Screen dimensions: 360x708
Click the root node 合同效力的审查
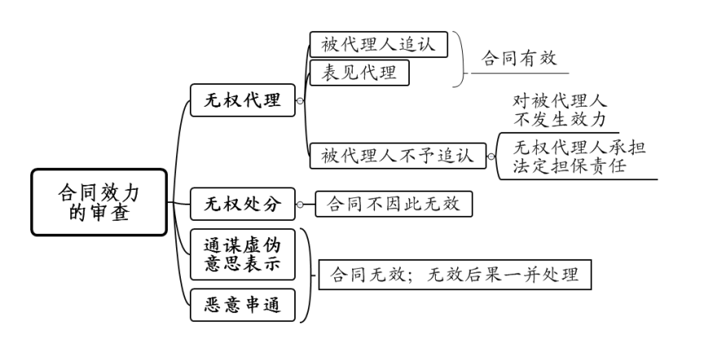tap(99, 202)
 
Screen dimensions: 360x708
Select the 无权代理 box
tap(243, 100)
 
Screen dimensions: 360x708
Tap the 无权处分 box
tap(242, 204)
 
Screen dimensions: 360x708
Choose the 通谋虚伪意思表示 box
tap(243, 254)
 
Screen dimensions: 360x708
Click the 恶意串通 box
tap(243, 305)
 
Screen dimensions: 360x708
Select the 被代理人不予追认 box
tap(397, 155)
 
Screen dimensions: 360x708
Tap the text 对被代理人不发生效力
tap(560, 111)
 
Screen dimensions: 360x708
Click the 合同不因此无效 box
tap(394, 204)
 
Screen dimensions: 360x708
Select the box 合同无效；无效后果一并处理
tap(454, 274)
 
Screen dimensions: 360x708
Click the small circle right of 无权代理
tap(300, 101)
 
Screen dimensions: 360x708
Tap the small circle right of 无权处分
tap(300, 204)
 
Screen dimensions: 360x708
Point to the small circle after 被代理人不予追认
tap(490, 155)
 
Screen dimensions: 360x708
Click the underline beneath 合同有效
tap(520, 75)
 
